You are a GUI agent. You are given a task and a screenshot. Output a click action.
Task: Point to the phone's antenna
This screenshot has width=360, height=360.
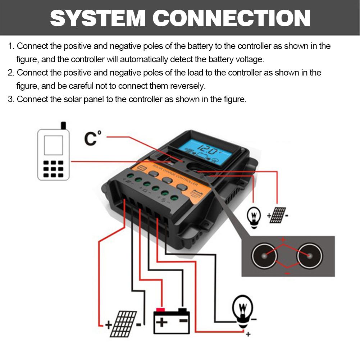64,126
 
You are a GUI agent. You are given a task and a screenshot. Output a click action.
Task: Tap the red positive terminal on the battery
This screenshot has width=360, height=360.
160,310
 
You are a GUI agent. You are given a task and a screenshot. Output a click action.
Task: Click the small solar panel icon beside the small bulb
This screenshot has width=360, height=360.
278,215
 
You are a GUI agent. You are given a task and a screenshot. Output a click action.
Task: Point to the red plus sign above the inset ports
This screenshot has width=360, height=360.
283,240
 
